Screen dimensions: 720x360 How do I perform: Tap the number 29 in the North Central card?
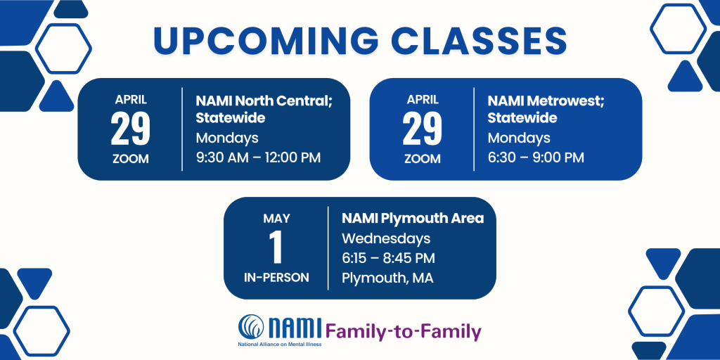[x=130, y=129]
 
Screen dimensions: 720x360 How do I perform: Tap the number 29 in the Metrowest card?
[x=423, y=129]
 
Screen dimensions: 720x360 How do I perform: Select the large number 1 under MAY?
[x=276, y=248]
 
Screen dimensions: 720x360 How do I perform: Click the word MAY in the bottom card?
[x=276, y=219]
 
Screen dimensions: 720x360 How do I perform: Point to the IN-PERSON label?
[x=276, y=278]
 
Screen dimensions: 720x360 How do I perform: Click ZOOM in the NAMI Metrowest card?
[x=423, y=159]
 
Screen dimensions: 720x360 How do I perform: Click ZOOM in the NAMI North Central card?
[x=131, y=159]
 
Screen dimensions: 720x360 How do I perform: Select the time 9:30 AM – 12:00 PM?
[x=258, y=157]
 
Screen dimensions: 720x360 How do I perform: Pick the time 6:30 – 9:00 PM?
[x=536, y=157]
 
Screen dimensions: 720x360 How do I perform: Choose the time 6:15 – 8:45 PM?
[x=388, y=258]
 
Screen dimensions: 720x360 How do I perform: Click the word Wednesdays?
[x=386, y=239]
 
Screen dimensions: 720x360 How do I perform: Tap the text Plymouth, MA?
[x=387, y=278]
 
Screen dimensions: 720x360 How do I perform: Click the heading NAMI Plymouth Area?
[x=413, y=219]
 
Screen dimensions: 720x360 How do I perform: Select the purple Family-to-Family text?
[x=404, y=332]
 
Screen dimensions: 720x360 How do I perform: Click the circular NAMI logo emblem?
[x=251, y=326]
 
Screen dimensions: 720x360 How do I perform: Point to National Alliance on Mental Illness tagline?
[x=280, y=344]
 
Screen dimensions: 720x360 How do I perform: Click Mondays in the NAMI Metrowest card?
[x=519, y=139]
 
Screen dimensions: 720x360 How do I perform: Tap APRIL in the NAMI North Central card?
[x=131, y=99]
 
